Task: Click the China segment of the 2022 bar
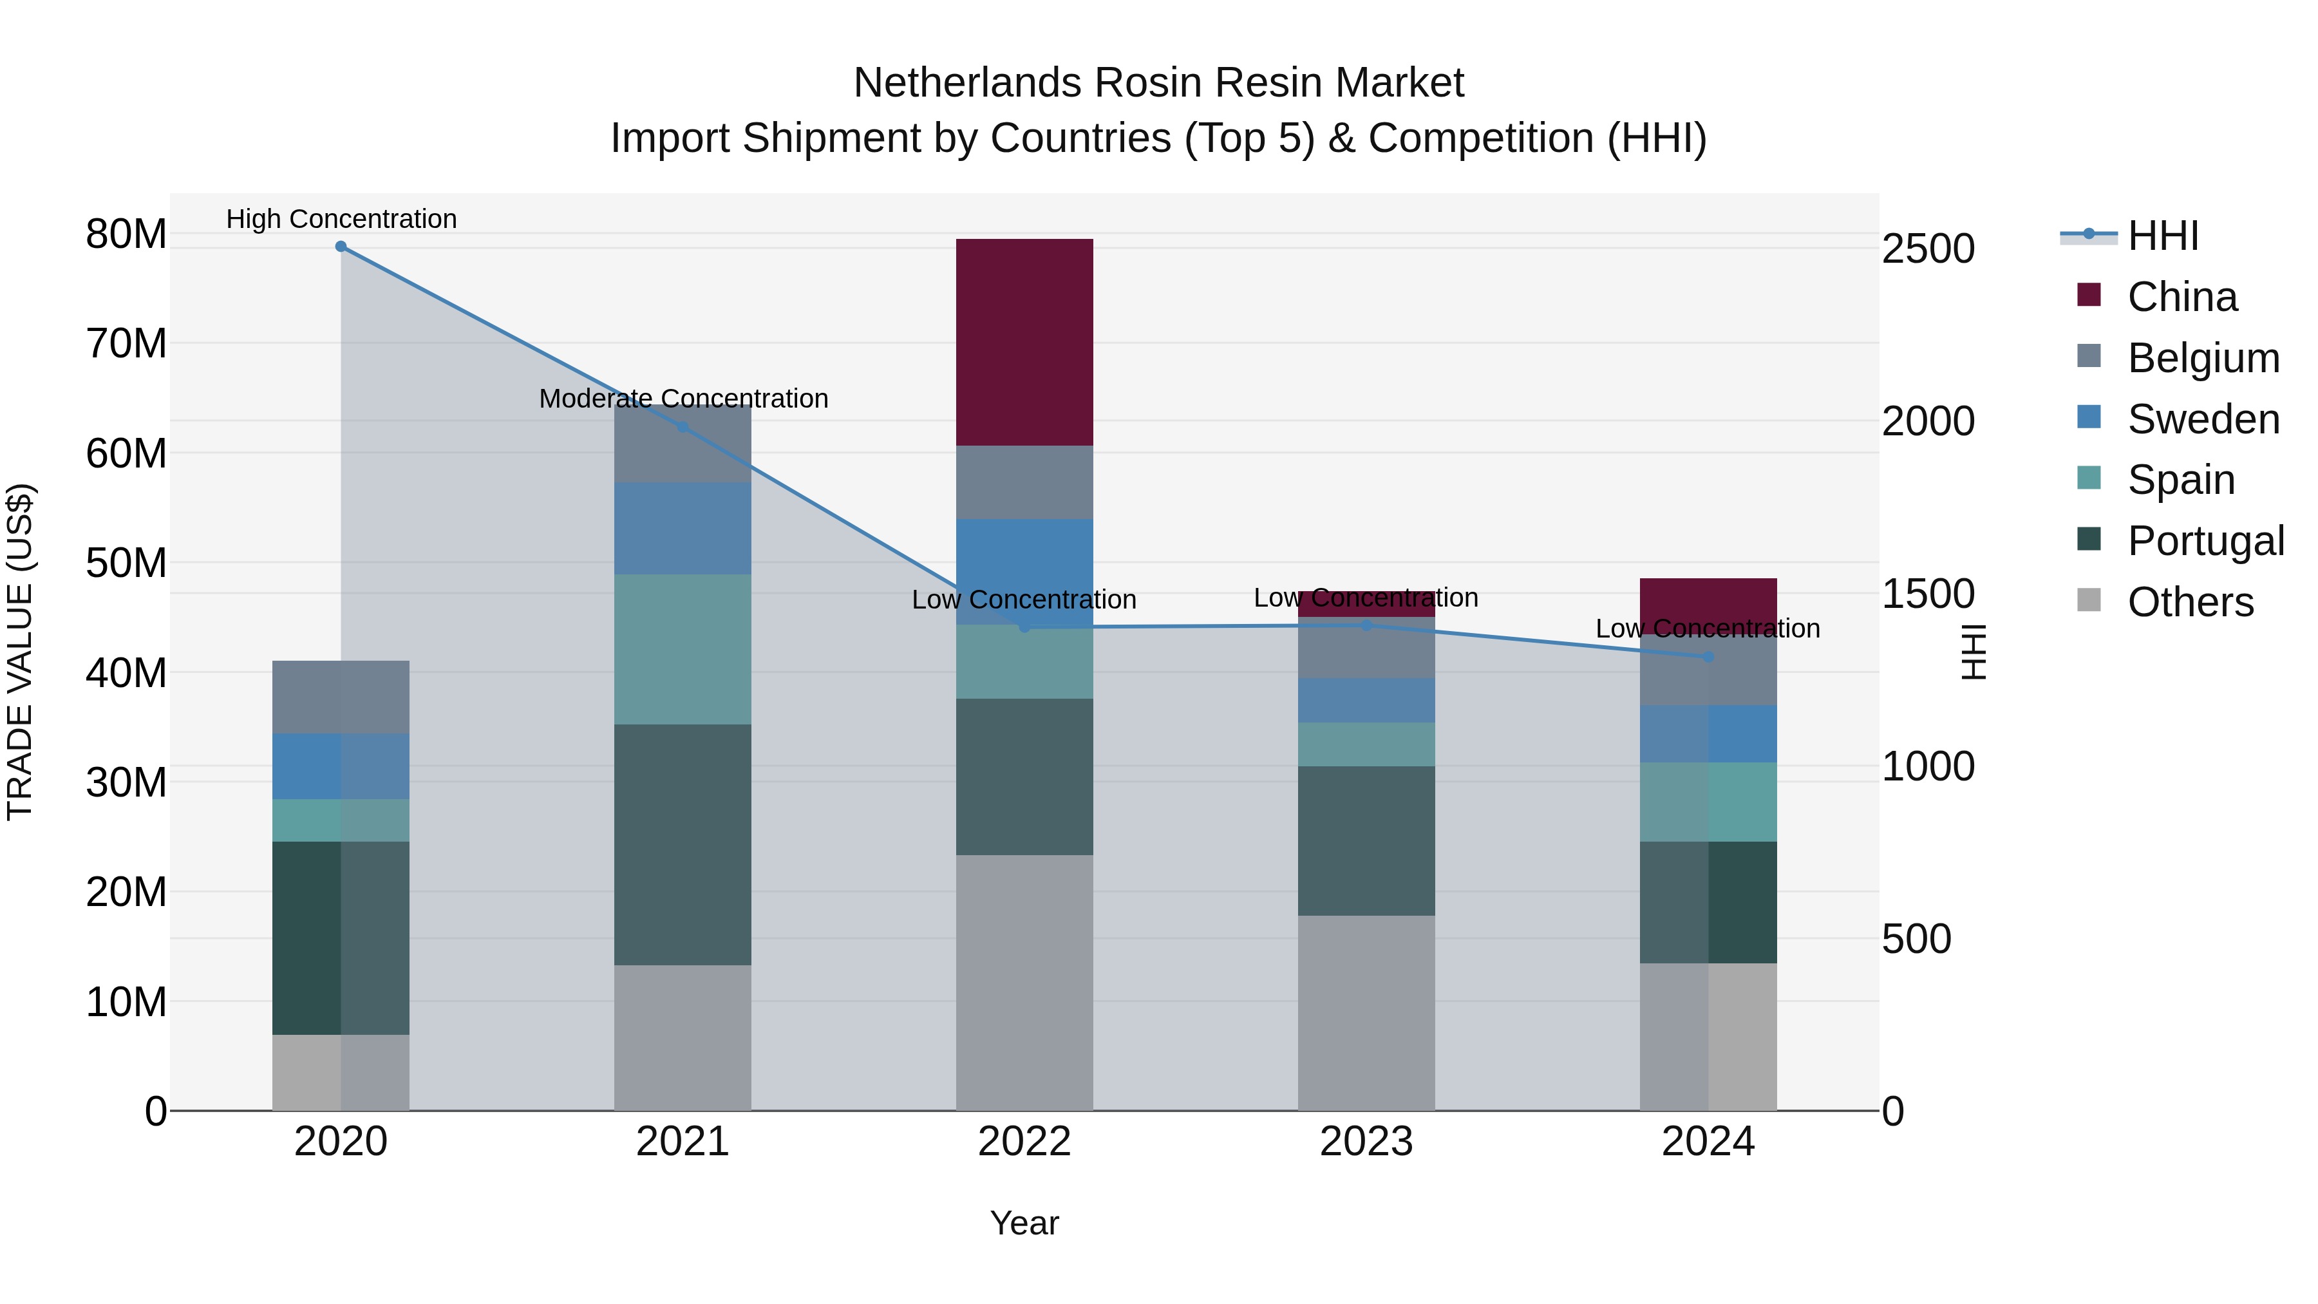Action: point(1024,342)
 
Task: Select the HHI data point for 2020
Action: point(341,247)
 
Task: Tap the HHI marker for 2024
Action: point(1708,657)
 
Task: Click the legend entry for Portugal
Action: point(2205,541)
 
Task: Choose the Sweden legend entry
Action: point(2202,419)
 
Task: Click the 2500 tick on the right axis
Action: point(1928,249)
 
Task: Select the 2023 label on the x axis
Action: point(1366,1142)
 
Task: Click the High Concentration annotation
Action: point(341,219)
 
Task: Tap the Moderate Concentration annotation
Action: point(683,398)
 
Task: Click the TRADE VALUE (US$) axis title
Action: point(20,652)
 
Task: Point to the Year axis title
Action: point(1024,1223)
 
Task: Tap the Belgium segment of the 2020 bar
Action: point(341,697)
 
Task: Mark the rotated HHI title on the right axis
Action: point(1972,652)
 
